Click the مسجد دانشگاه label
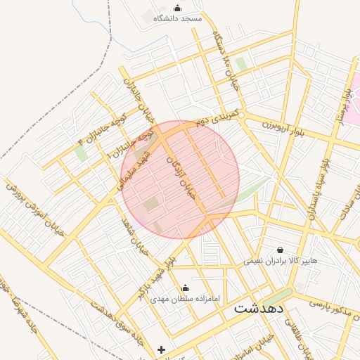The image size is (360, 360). click(177, 19)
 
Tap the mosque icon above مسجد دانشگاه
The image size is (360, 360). click(177, 8)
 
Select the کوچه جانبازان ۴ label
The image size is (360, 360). click(103, 127)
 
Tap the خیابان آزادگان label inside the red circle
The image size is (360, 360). click(179, 176)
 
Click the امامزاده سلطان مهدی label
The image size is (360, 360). click(185, 299)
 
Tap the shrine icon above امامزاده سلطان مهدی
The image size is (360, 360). click(185, 288)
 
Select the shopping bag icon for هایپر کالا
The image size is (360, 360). click(281, 250)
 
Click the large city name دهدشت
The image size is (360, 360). click(258, 308)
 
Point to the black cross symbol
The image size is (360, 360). click(162, 349)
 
